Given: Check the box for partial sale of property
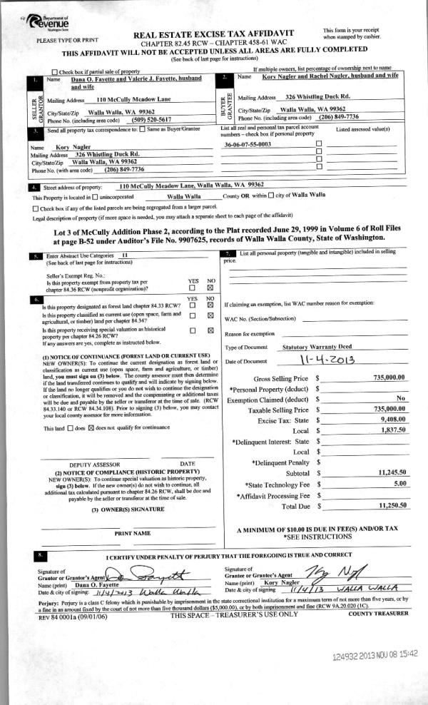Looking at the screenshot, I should (x=55, y=71).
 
